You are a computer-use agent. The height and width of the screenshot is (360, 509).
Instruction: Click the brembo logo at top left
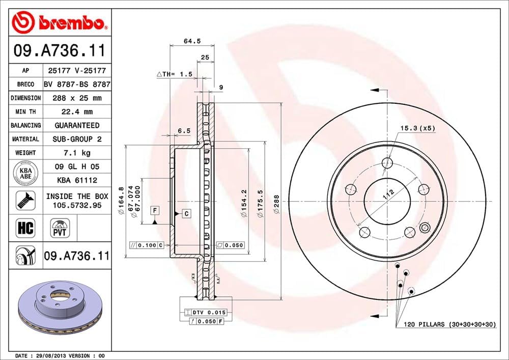[60, 22]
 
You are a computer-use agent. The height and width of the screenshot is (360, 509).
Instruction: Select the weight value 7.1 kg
[77, 153]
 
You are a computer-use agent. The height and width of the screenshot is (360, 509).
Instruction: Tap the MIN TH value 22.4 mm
[77, 112]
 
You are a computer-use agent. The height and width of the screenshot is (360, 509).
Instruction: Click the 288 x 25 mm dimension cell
[77, 98]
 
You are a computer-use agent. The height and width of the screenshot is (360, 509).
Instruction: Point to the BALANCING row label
[25, 125]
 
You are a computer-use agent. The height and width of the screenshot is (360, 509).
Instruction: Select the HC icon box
[25, 228]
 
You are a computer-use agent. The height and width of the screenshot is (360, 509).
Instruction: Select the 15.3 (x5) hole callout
[417, 128]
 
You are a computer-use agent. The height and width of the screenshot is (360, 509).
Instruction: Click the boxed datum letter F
[154, 210]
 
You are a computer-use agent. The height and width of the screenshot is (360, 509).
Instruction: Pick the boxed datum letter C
[186, 213]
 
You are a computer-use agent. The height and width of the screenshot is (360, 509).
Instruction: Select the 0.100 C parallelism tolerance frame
[146, 245]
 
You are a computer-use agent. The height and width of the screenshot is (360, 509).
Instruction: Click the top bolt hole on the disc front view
[388, 163]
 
